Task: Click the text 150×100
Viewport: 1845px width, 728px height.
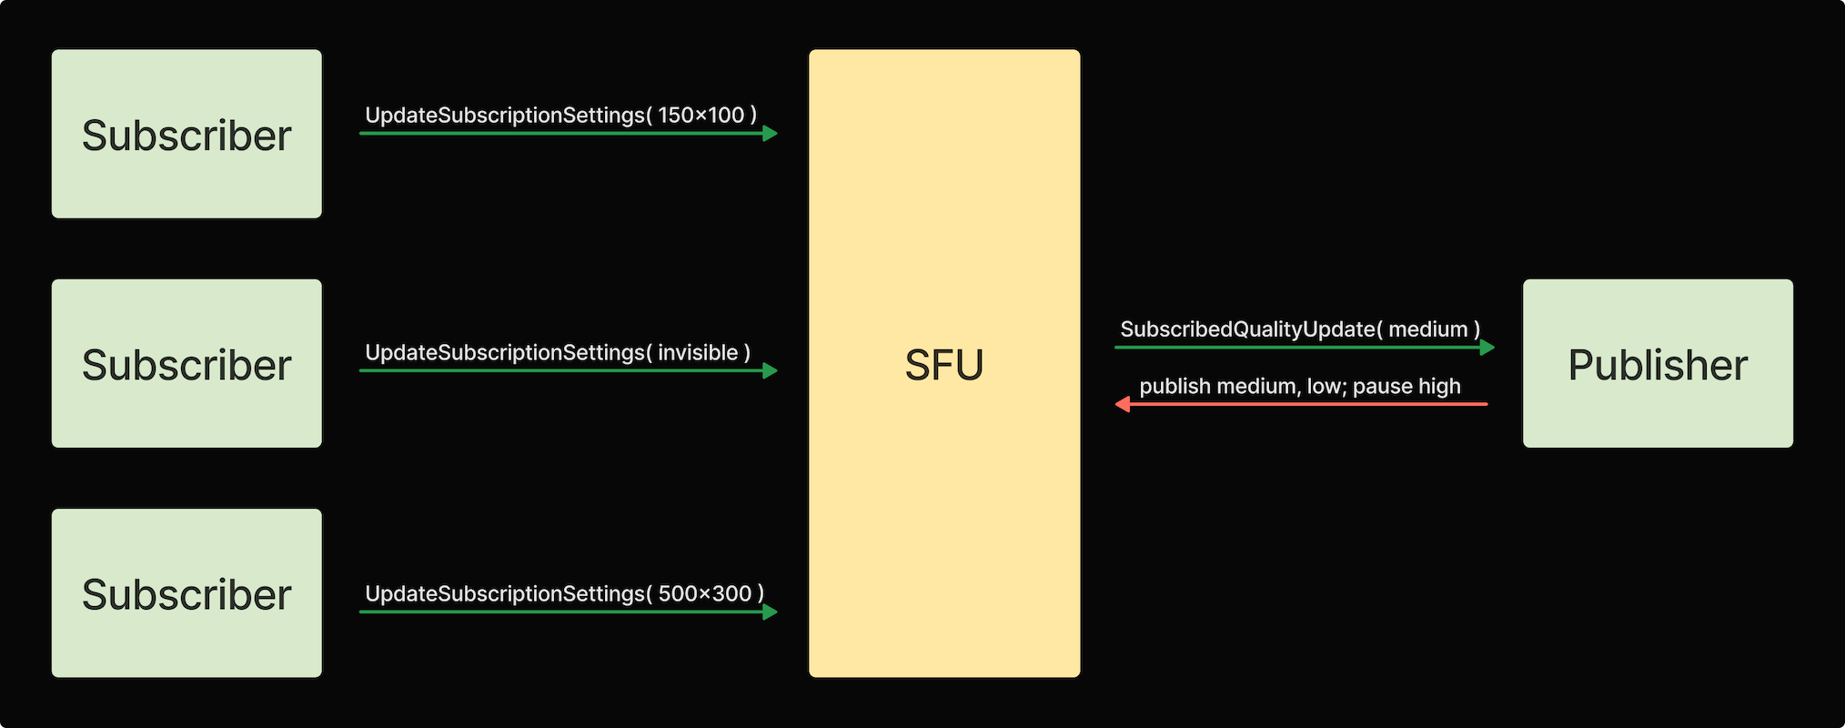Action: [701, 116]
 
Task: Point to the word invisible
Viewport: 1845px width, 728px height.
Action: [698, 353]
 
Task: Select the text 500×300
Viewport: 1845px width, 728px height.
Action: [705, 594]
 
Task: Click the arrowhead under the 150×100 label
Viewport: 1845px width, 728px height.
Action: [771, 134]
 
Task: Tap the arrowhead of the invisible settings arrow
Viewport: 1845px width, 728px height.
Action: [771, 370]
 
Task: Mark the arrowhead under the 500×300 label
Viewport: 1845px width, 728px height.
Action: [771, 612]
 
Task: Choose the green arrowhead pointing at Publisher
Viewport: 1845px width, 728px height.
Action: [1487, 347]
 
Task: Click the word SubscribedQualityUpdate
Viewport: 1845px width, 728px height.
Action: [1247, 329]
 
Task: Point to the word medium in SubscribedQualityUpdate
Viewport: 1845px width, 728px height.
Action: [1427, 329]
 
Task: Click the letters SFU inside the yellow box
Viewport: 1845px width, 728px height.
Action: [944, 365]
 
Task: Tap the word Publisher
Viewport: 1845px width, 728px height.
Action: [1658, 365]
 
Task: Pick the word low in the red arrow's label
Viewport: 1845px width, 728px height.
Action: [1326, 387]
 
